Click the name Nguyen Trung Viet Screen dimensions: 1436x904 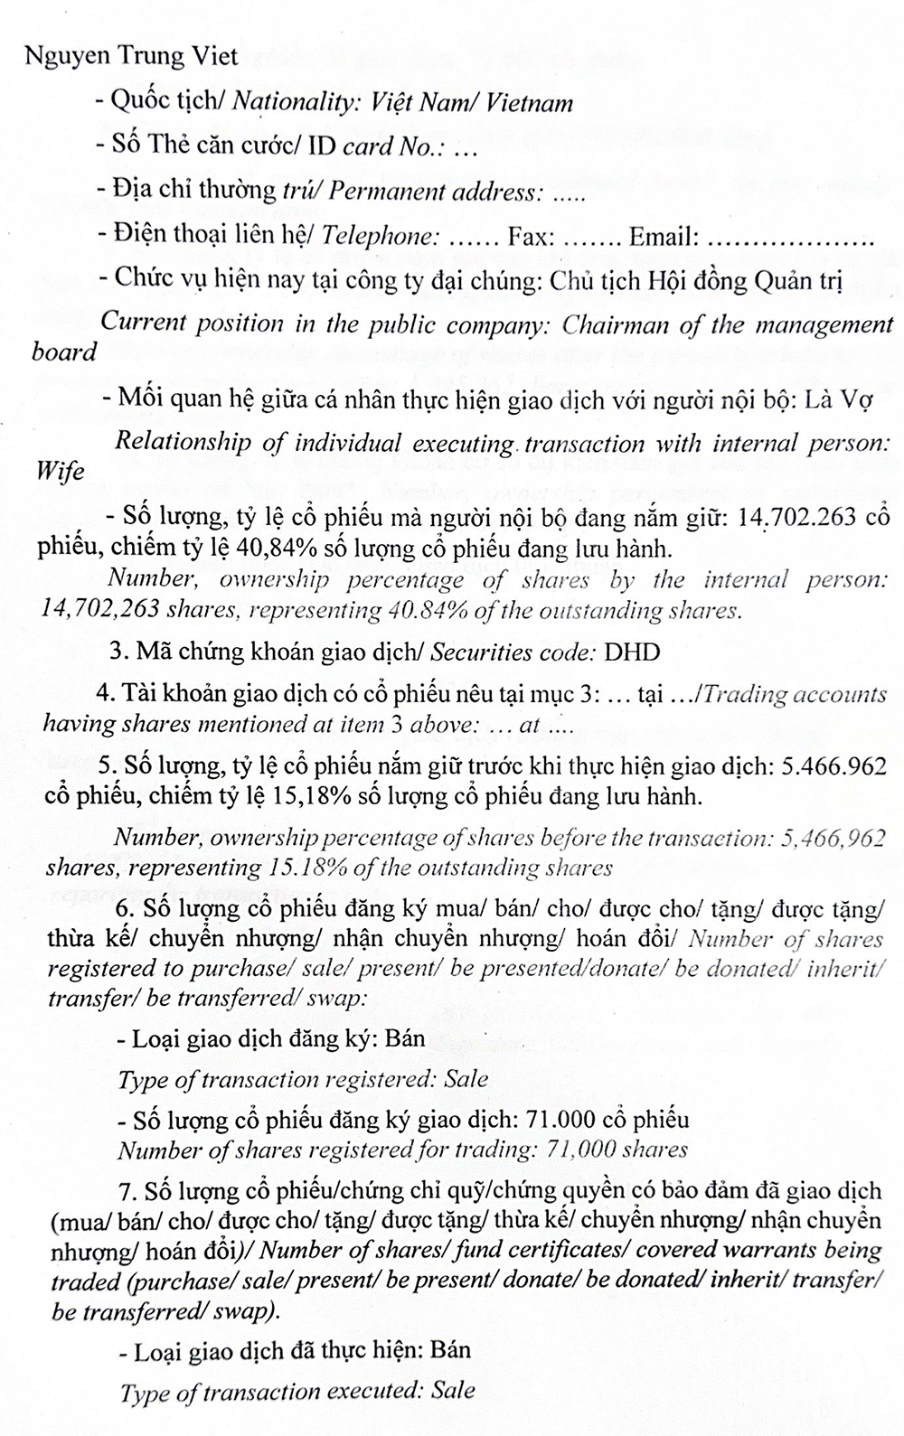pyautogui.click(x=132, y=56)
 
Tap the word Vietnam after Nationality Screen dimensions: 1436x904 pyautogui.click(x=529, y=102)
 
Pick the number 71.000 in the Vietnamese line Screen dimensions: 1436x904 pyautogui.click(x=552, y=1120)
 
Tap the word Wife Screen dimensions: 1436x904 pyautogui.click(x=60, y=472)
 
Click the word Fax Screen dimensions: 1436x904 pyautogui.click(x=530, y=237)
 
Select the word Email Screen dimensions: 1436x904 pyautogui.click(x=664, y=237)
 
